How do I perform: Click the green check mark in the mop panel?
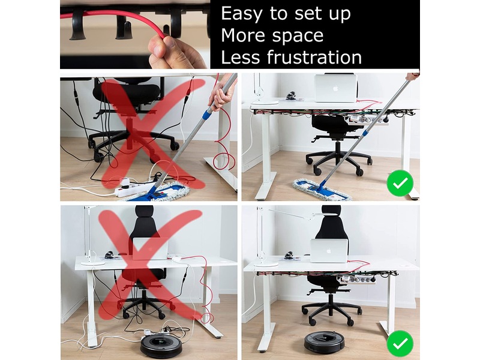(x=400, y=184)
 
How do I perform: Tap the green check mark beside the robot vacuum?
(x=400, y=344)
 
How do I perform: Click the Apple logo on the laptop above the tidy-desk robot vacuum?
(x=329, y=250)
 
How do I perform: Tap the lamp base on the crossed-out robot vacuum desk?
(x=92, y=262)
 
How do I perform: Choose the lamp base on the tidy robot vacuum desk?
(x=265, y=263)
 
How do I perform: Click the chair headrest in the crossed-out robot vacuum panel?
(x=144, y=214)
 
